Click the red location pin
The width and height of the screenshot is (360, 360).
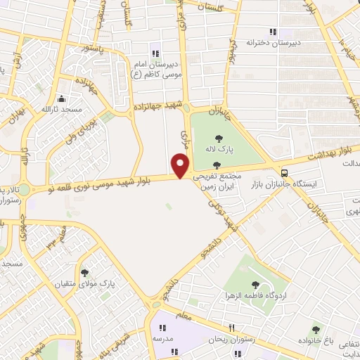181,165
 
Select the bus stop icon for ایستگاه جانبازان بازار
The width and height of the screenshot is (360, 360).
284,173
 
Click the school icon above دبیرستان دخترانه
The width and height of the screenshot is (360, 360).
273,32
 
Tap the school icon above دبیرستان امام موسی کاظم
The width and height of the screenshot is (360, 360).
155,54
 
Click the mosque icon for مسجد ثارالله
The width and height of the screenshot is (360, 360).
62,99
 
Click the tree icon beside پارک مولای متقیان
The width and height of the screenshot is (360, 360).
85,272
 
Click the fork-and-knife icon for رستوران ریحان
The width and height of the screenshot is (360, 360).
231,328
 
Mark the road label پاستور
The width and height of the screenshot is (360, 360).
94,49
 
